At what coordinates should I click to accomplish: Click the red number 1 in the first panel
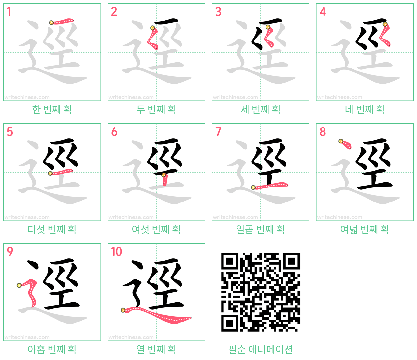[9, 12]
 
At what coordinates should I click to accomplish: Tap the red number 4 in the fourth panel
[323, 12]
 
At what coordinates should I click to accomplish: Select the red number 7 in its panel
[218, 132]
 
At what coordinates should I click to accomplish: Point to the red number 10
[116, 251]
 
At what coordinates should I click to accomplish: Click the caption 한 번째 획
[52, 110]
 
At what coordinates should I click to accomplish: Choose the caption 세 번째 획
[260, 110]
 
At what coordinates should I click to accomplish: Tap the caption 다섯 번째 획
[52, 229]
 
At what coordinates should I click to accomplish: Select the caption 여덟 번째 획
[365, 229]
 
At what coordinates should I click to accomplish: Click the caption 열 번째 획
[156, 349]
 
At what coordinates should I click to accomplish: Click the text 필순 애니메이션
[260, 349]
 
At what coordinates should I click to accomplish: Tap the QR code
[260, 292]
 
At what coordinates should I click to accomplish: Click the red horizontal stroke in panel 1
[62, 21]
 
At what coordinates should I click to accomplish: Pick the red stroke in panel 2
[152, 38]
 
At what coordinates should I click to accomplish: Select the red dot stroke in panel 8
[346, 144]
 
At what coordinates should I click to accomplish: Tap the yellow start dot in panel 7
[253, 187]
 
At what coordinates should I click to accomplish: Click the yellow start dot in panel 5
[50, 173]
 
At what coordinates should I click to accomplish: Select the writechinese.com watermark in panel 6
[131, 217]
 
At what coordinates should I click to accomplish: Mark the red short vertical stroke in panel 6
[165, 180]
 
